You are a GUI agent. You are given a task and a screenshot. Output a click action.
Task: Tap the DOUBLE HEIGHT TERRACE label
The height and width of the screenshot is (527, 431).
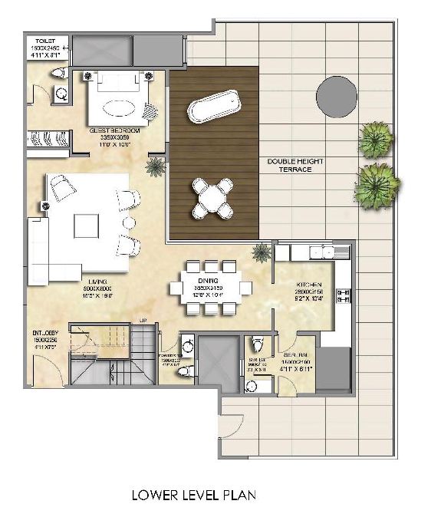289,165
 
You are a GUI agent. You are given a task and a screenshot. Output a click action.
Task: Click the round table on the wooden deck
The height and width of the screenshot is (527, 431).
212,197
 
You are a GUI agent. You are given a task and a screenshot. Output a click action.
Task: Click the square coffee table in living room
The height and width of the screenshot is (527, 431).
86,226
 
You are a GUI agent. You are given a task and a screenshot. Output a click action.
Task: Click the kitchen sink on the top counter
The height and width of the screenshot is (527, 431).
322,252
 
